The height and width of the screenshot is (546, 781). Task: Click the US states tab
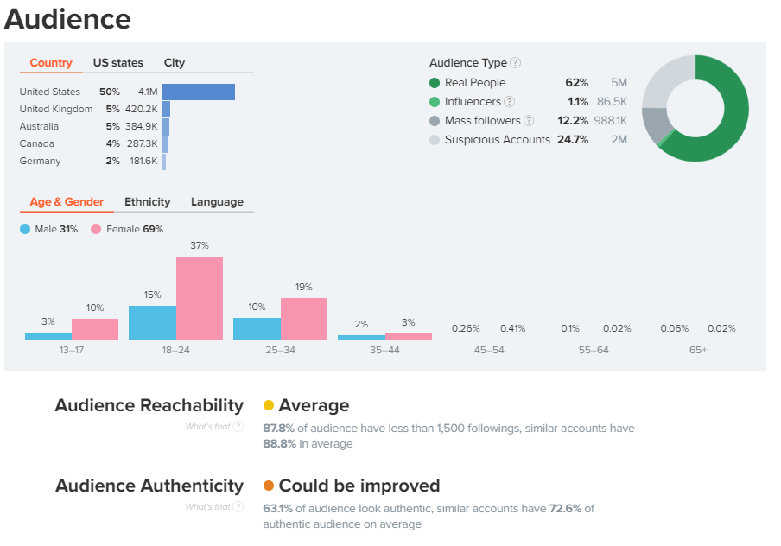pyautogui.click(x=118, y=63)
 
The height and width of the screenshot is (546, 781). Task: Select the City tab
pyautogui.click(x=175, y=63)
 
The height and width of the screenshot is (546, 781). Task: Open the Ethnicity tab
pyautogui.click(x=148, y=202)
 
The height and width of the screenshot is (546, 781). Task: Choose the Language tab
pyautogui.click(x=217, y=202)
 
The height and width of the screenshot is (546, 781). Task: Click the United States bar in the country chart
pyautogui.click(x=199, y=92)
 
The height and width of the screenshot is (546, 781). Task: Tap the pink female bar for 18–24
pyautogui.click(x=200, y=298)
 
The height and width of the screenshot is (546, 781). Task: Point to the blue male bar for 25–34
pyautogui.click(x=257, y=328)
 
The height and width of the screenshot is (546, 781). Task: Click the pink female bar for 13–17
pyautogui.click(x=95, y=329)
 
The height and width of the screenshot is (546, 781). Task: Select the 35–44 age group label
pyautogui.click(x=384, y=352)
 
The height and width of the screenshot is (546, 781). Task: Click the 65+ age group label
pyautogui.click(x=697, y=352)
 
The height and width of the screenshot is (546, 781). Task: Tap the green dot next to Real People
pyautogui.click(x=435, y=83)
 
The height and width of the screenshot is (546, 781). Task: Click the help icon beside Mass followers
pyautogui.click(x=529, y=121)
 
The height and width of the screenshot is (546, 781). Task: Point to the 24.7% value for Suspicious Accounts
pyautogui.click(x=573, y=140)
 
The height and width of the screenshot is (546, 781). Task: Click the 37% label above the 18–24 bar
pyautogui.click(x=200, y=245)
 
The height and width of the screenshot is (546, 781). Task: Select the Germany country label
pyautogui.click(x=40, y=161)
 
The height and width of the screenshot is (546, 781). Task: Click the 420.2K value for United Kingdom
pyautogui.click(x=142, y=109)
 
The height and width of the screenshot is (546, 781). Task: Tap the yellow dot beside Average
pyautogui.click(x=269, y=405)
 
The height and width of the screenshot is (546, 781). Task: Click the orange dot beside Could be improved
pyautogui.click(x=269, y=486)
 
